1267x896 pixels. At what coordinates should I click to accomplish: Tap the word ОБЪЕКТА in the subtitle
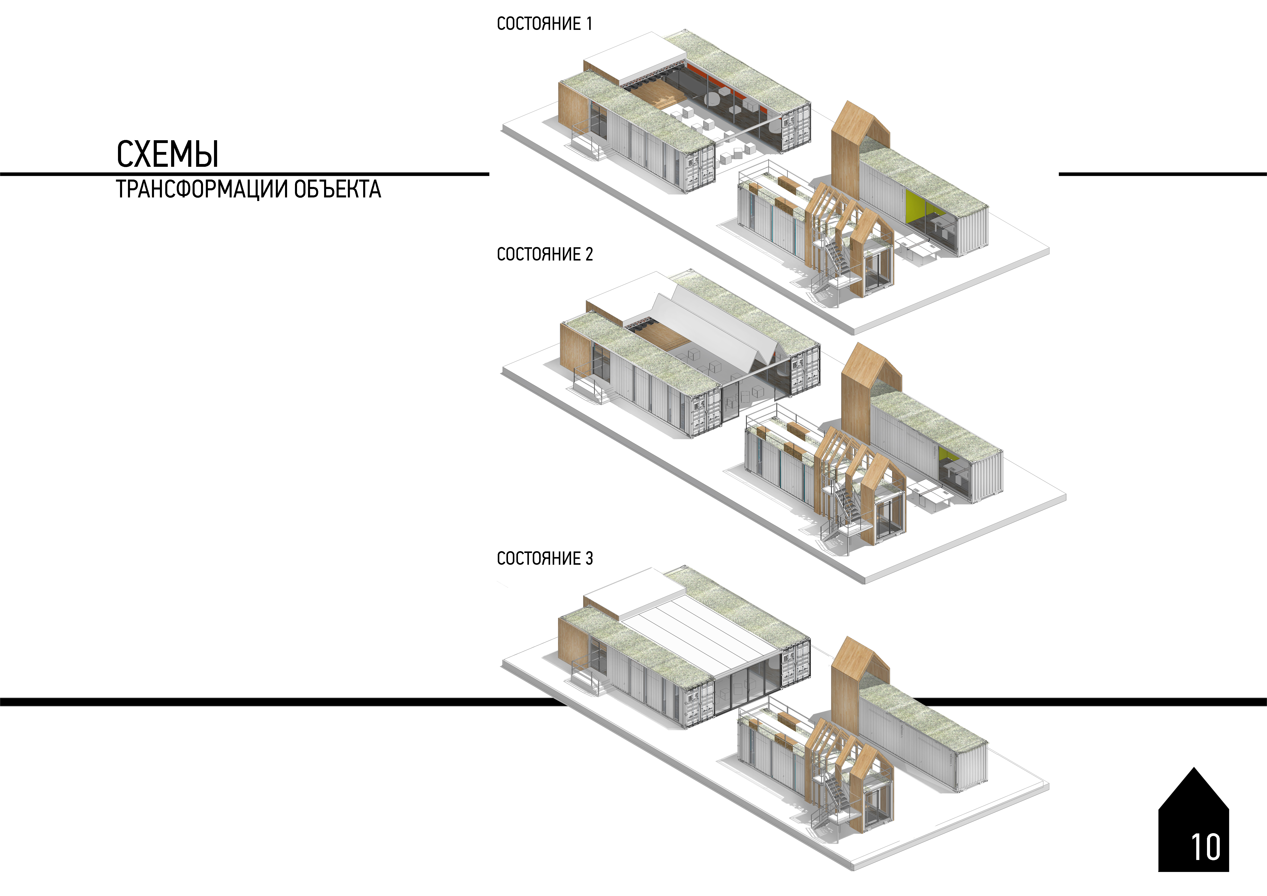pyautogui.click(x=337, y=189)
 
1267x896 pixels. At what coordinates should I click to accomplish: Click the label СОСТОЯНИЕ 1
pyautogui.click(x=545, y=24)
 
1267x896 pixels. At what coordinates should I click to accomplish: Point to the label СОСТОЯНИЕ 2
pyautogui.click(x=545, y=254)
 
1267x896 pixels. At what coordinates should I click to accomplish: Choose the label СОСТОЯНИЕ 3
pyautogui.click(x=545, y=558)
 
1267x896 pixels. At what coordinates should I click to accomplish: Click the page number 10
pyautogui.click(x=1206, y=847)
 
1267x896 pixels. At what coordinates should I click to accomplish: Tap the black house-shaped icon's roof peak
pyautogui.click(x=1194, y=768)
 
